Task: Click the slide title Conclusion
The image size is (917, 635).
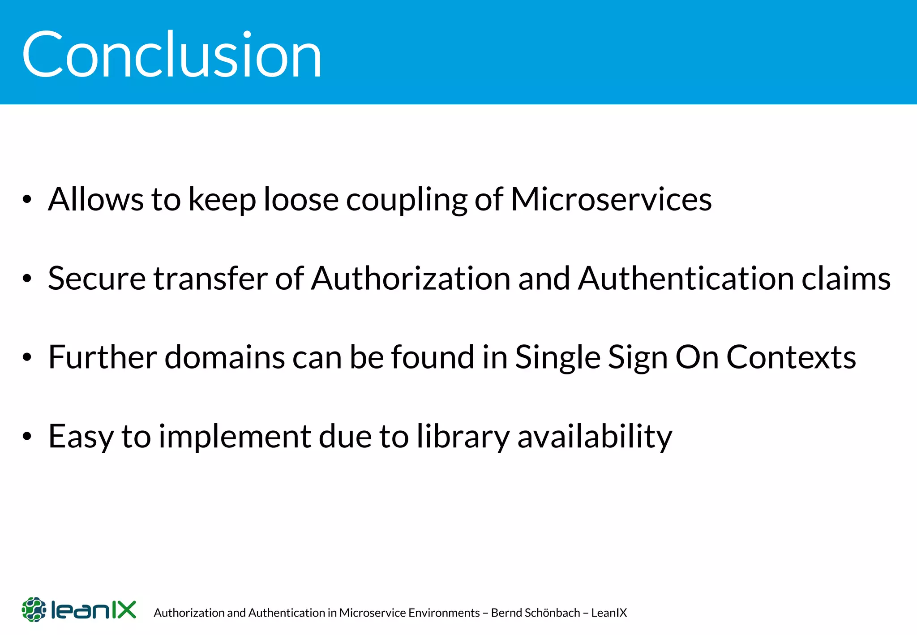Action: pyautogui.click(x=171, y=55)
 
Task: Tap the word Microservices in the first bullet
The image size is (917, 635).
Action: pyautogui.click(x=611, y=199)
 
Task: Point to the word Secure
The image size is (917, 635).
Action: pyautogui.click(x=97, y=279)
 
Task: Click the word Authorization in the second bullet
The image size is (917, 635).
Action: pyautogui.click(x=411, y=279)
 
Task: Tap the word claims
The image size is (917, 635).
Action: pyautogui.click(x=846, y=279)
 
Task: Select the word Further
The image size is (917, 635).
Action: pyautogui.click(x=103, y=357)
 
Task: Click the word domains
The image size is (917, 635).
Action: pyautogui.click(x=224, y=357)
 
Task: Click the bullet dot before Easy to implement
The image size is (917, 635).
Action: pyautogui.click(x=27, y=437)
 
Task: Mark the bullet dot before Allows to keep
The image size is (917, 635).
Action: pyautogui.click(x=27, y=200)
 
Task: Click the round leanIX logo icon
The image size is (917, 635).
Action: pyautogui.click(x=34, y=609)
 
